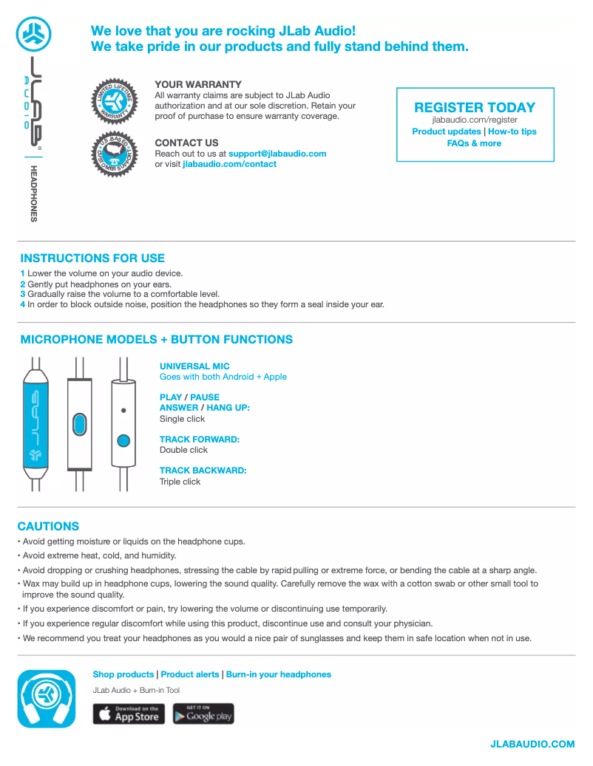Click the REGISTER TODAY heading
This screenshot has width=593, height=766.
click(x=475, y=107)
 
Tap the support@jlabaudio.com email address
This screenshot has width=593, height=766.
click(x=277, y=154)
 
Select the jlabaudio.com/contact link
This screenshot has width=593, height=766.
click(x=229, y=164)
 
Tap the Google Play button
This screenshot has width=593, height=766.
click(x=203, y=714)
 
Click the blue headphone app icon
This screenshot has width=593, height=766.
click(x=47, y=699)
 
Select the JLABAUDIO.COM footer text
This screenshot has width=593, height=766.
click(x=532, y=744)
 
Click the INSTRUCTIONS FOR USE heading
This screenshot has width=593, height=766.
click(x=92, y=259)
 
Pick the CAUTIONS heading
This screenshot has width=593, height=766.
click(x=48, y=527)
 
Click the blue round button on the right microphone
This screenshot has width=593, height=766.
click(x=123, y=441)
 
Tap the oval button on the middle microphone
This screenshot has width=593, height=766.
click(x=79, y=424)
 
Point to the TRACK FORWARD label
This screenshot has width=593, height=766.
click(x=200, y=440)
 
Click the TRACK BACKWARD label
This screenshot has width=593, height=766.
click(x=203, y=471)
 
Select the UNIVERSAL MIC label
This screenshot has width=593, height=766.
click(x=194, y=366)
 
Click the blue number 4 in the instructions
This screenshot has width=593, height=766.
click(x=23, y=304)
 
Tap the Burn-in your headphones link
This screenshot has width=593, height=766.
click(x=279, y=674)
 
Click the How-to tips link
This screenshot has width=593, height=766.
click(x=512, y=131)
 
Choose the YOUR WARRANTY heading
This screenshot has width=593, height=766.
click(x=198, y=85)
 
